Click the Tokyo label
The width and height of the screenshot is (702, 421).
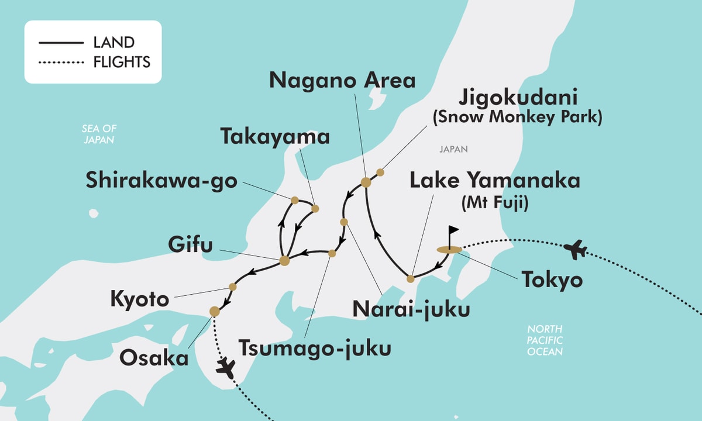click(x=553, y=280)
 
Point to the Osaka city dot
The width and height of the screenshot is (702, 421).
click(x=215, y=311)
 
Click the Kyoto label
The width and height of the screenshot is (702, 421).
click(x=140, y=301)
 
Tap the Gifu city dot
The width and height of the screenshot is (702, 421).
click(x=285, y=261)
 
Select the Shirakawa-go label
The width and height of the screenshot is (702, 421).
click(x=161, y=181)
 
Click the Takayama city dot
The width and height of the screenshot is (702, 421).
click(x=315, y=208)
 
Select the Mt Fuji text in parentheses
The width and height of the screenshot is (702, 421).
click(x=494, y=203)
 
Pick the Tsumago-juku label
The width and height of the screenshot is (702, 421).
click(x=315, y=348)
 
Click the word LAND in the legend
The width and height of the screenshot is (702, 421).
click(x=113, y=42)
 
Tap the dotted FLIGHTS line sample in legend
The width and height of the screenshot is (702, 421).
click(x=61, y=61)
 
